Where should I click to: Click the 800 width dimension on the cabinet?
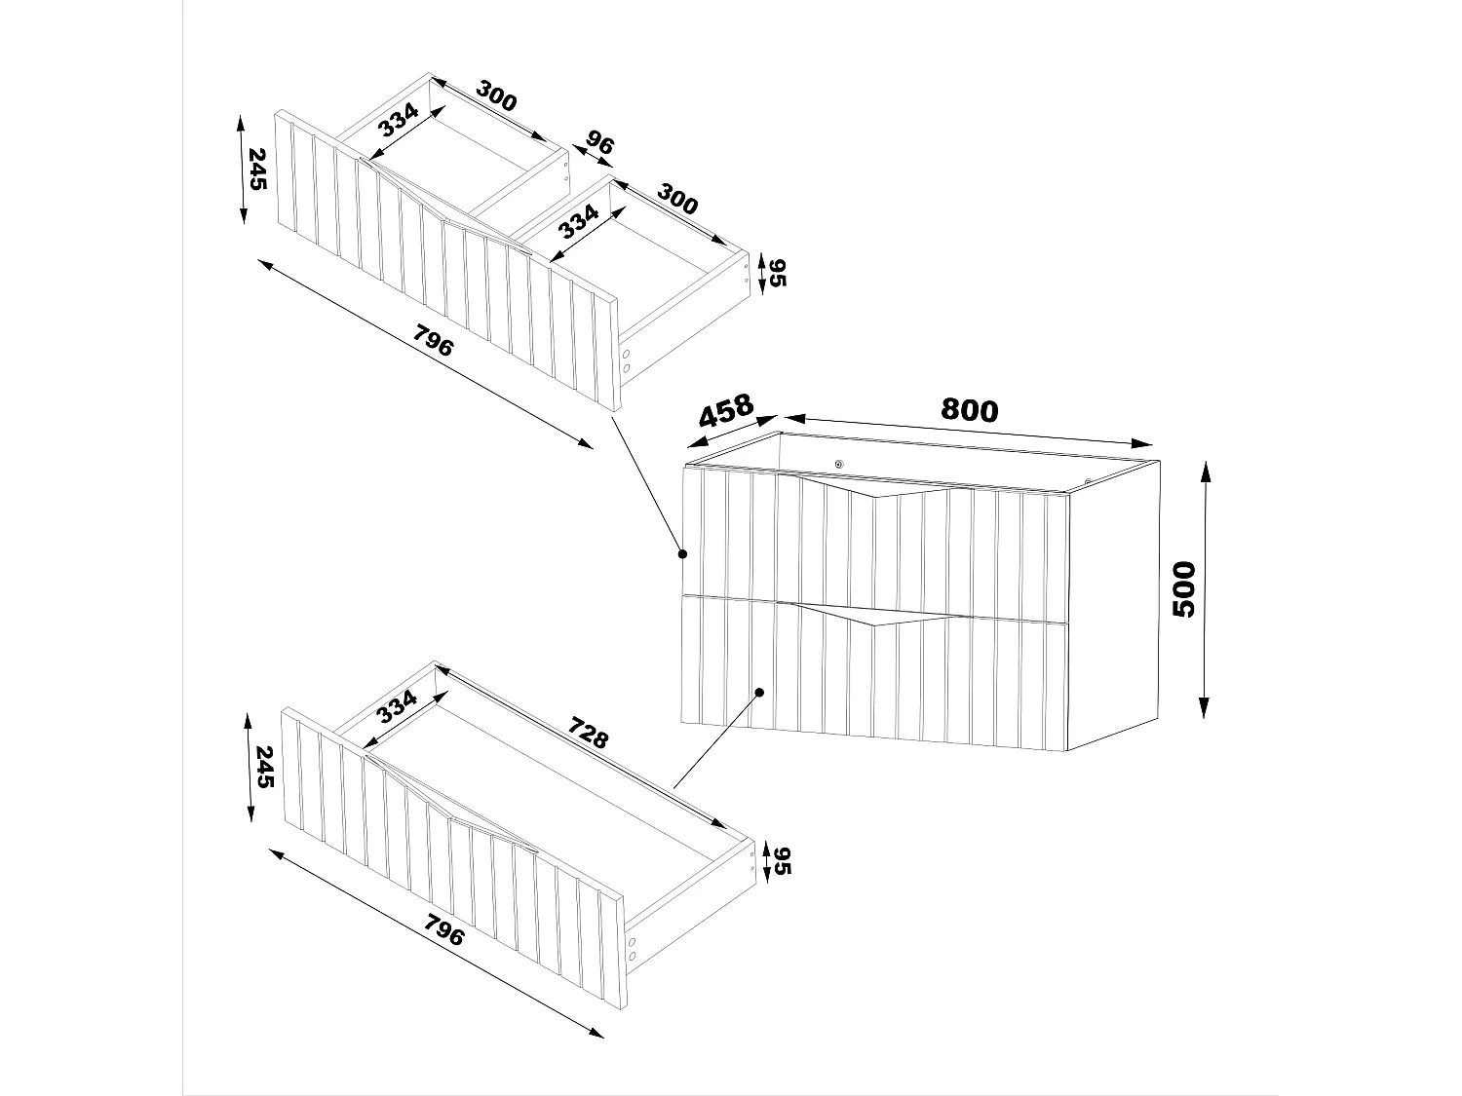(969, 410)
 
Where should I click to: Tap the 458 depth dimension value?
(726, 410)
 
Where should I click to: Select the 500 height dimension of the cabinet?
(1183, 588)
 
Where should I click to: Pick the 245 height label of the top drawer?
(256, 169)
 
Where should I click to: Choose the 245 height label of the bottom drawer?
(263, 766)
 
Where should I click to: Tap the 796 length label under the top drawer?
(434, 343)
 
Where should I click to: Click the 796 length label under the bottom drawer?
(443, 932)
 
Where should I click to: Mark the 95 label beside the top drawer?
(776, 273)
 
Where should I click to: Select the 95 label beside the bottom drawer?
(783, 860)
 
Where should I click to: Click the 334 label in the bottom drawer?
(397, 706)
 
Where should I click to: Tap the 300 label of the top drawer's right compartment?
(677, 199)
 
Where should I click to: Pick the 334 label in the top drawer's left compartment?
(398, 120)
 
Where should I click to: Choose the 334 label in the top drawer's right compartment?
(578, 223)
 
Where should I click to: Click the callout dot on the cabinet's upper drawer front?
(682, 554)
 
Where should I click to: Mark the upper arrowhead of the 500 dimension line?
(1205, 470)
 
